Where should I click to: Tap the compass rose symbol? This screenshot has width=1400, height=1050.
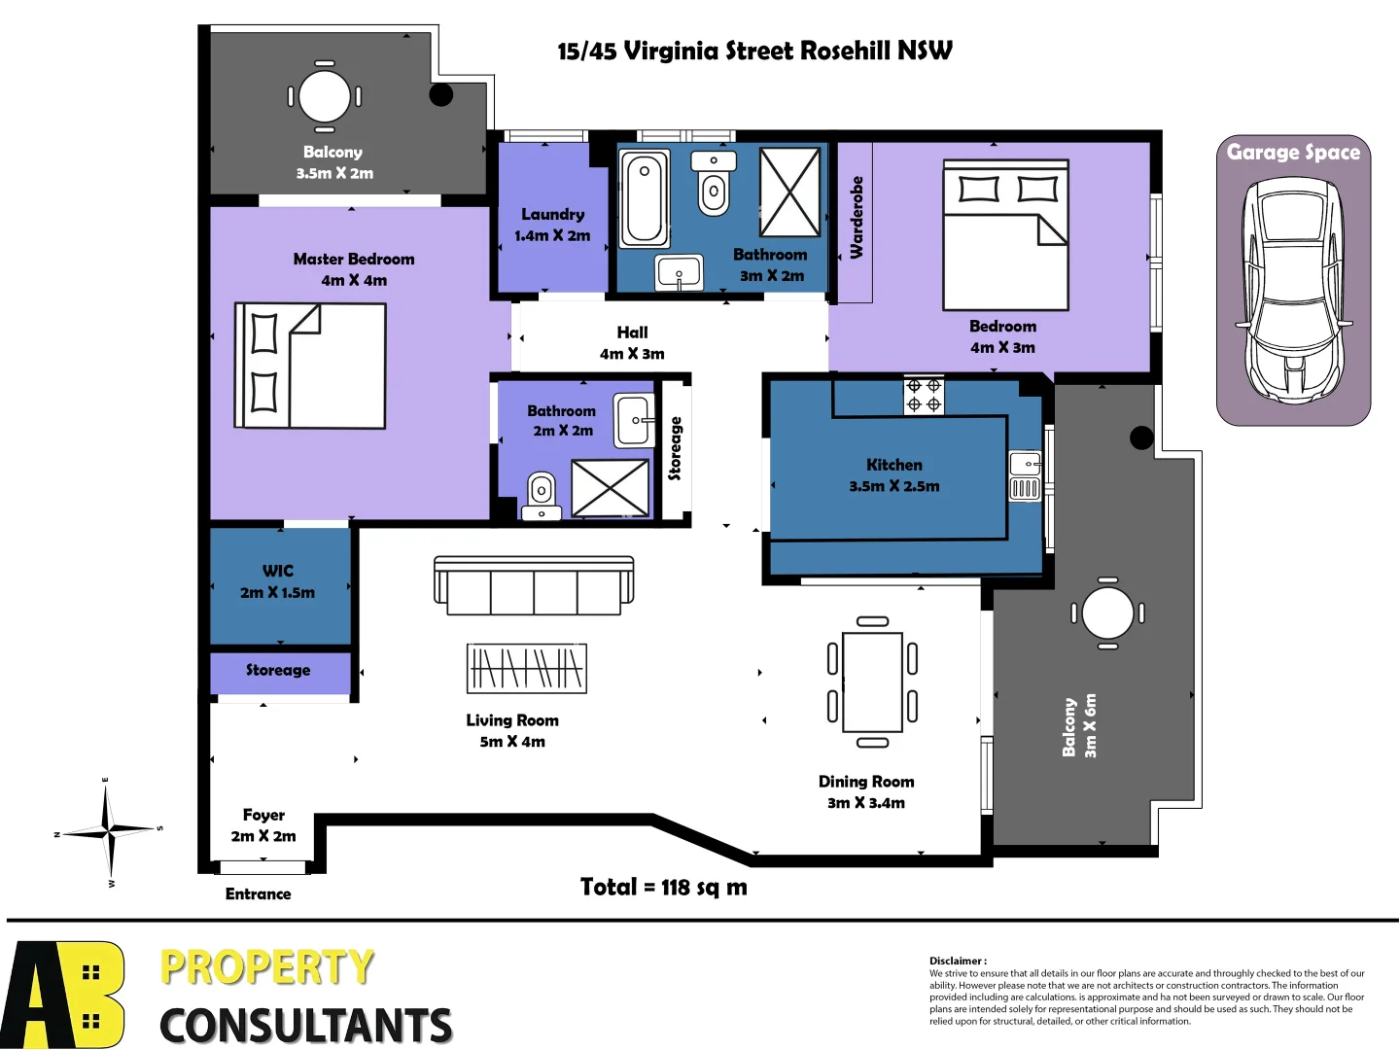(110, 831)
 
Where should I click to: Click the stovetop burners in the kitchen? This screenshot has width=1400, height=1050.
(924, 395)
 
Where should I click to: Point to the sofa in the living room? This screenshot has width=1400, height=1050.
(534, 585)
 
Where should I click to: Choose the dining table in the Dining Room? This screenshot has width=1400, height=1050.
(872, 682)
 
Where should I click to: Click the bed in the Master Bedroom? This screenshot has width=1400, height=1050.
(310, 366)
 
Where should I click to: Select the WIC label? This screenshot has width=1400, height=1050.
(278, 571)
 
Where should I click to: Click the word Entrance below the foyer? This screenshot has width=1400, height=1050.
(258, 894)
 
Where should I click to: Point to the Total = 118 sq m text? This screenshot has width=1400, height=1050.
(664, 887)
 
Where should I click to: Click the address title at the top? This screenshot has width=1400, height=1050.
(754, 51)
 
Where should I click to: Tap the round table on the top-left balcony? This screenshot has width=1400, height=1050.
(325, 96)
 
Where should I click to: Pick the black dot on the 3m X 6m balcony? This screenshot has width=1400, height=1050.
(1141, 438)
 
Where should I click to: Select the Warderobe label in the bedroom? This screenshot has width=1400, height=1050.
(857, 218)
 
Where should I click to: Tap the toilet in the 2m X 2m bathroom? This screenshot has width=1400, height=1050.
(541, 494)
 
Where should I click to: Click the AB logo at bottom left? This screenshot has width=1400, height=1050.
(63, 994)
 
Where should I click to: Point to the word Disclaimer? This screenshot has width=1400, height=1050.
(957, 961)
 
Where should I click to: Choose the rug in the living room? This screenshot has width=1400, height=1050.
(527, 668)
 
